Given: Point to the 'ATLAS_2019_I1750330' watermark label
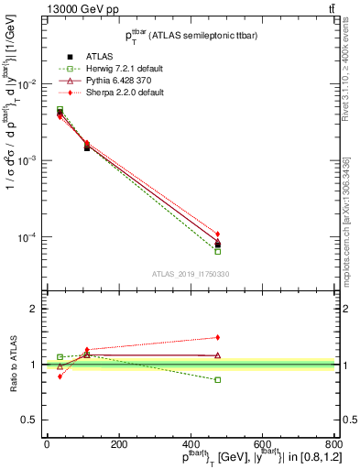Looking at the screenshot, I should pyautogui.click(x=190, y=274).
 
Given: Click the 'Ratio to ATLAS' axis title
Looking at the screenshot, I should pyautogui.click(x=13, y=364).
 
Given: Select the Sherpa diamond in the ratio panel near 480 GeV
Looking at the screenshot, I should pyautogui.click(x=218, y=337).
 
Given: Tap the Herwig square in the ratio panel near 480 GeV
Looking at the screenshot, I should pyautogui.click(x=218, y=379).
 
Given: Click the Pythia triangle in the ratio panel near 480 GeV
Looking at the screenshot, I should pyautogui.click(x=218, y=354).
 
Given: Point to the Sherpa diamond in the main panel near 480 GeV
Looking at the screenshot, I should pyautogui.click(x=218, y=234).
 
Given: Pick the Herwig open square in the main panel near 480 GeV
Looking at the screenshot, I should pyautogui.click(x=218, y=251).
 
